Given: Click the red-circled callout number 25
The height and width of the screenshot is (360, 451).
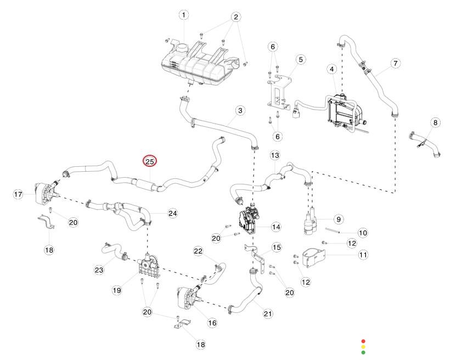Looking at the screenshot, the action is (x=150, y=161).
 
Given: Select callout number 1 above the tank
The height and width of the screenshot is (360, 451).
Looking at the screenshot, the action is (x=184, y=15).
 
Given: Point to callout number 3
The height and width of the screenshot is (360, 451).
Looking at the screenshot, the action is (x=240, y=110).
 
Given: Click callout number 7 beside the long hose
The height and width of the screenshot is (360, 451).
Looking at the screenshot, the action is (x=396, y=63).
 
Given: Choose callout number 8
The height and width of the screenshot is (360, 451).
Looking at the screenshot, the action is (x=435, y=122).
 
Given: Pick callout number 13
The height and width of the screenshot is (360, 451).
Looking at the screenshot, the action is (x=275, y=156).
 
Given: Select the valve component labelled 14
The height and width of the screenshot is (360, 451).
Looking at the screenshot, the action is (x=248, y=219).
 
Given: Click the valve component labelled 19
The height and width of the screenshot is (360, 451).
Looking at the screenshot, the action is (x=148, y=266).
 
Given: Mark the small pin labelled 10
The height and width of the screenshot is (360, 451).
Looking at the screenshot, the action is (x=333, y=230).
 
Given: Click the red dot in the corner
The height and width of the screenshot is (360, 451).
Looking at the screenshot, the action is (x=363, y=341).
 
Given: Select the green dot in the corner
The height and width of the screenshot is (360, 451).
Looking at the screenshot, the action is (x=363, y=352).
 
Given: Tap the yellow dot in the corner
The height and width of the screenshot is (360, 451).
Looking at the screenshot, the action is (x=363, y=347).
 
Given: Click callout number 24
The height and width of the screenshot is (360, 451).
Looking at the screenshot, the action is (x=173, y=213).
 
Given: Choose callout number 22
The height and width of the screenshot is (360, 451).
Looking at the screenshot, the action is (x=198, y=251).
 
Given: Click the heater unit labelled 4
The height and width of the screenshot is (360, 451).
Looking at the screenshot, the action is (x=343, y=111).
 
